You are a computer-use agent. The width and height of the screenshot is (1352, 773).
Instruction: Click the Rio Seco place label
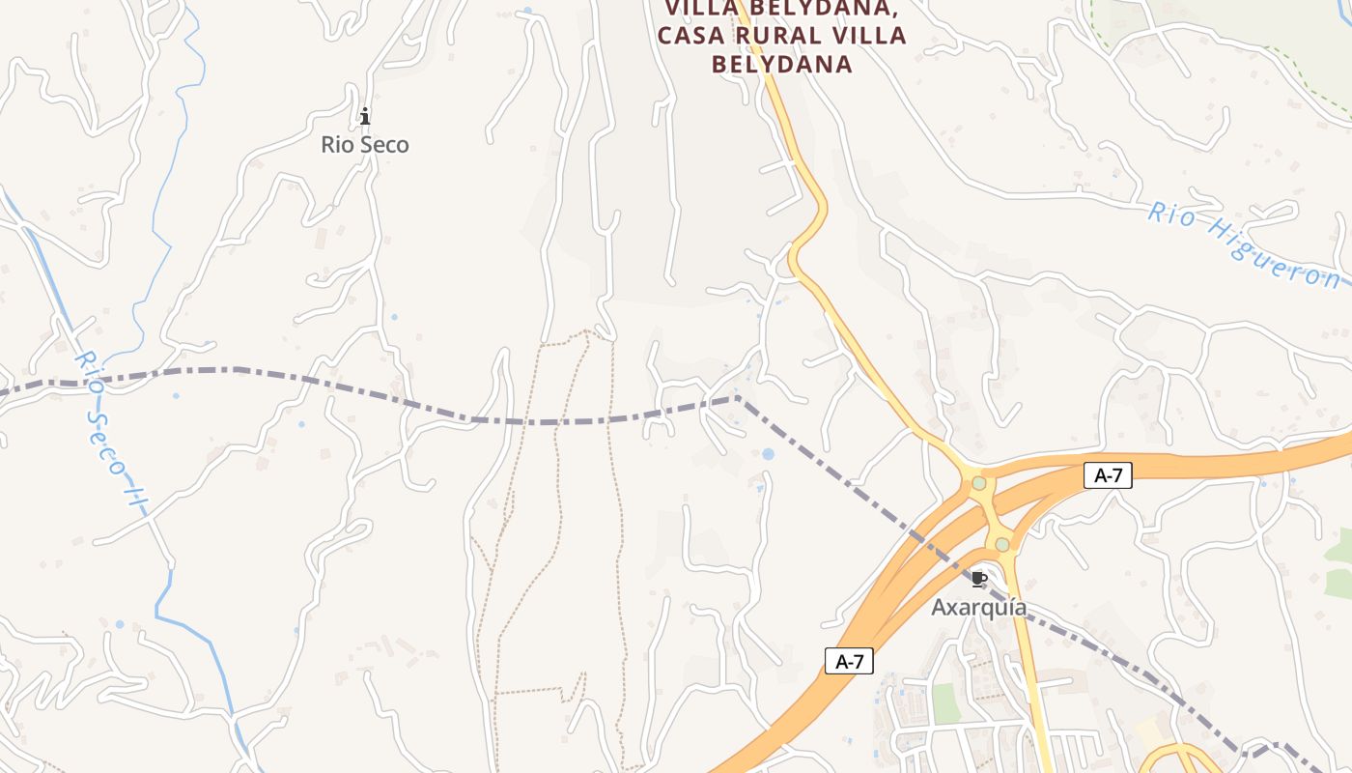pyautogui.click(x=365, y=145)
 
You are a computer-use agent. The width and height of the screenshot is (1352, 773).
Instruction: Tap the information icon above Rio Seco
pyautogui.click(x=365, y=117)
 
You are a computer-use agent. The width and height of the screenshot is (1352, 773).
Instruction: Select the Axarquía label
pyautogui.click(x=978, y=608)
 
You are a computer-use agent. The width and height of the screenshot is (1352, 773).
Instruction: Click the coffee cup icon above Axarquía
pyautogui.click(x=978, y=580)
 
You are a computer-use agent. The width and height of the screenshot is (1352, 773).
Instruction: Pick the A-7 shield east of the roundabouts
pyautogui.click(x=1108, y=474)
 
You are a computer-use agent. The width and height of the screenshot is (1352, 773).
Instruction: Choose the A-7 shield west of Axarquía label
pyautogui.click(x=849, y=661)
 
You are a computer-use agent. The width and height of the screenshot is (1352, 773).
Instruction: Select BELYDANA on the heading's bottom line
pyautogui.click(x=782, y=65)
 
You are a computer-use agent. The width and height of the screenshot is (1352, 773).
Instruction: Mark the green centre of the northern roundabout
pyautogui.click(x=979, y=482)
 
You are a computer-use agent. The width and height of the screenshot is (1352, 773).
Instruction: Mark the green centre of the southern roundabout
pyautogui.click(x=1002, y=545)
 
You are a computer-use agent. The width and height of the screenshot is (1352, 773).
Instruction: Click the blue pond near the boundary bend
pyautogui.click(x=768, y=453)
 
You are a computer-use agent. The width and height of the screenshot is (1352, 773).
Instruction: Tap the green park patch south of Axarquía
pyautogui.click(x=945, y=702)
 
